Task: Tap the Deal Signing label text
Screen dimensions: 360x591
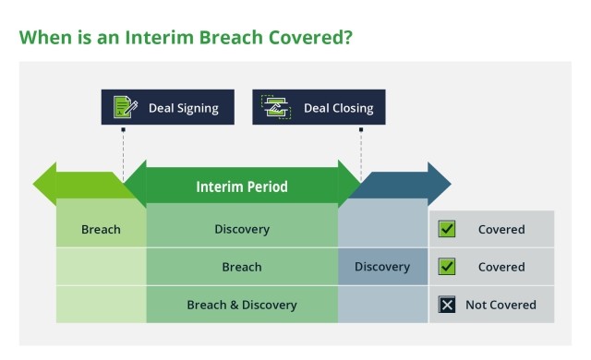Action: click(183, 108)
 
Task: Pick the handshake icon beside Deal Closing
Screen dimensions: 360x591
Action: click(275, 107)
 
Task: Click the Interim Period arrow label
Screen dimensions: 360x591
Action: click(242, 186)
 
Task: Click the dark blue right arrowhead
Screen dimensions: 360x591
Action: click(438, 184)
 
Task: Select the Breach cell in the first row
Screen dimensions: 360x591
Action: click(101, 229)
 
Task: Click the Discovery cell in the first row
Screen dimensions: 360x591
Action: click(242, 229)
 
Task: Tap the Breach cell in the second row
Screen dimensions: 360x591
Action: click(242, 267)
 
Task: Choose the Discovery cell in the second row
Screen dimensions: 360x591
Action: click(382, 267)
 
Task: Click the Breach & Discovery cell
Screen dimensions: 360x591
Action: click(242, 305)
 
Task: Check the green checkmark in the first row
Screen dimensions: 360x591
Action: click(447, 229)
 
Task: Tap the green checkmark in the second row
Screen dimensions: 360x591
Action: click(447, 267)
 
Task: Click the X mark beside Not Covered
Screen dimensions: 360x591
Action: click(447, 305)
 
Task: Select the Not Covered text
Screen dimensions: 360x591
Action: click(501, 305)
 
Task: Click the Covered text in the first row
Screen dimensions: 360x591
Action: click(501, 229)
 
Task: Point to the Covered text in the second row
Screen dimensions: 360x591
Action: click(501, 267)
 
